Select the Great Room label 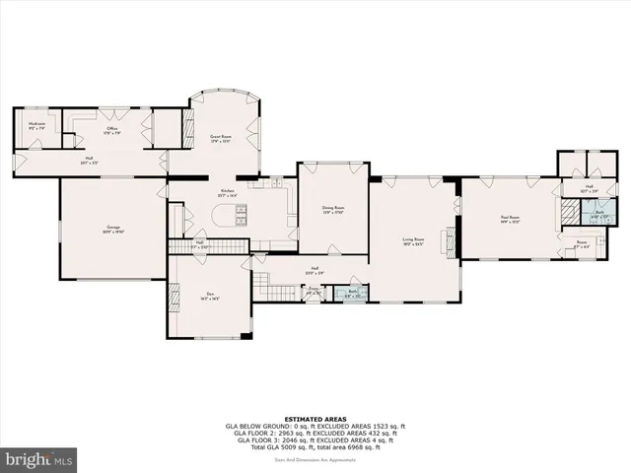[x=220, y=138]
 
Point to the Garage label [x=113, y=230]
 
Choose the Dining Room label [x=333, y=209]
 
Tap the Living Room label [x=412, y=240]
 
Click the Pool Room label [x=509, y=219]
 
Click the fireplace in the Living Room [x=453, y=239]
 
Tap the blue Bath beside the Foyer [x=354, y=292]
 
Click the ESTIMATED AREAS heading [x=315, y=418]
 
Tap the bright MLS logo [x=38, y=459]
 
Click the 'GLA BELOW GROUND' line [x=315, y=425]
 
